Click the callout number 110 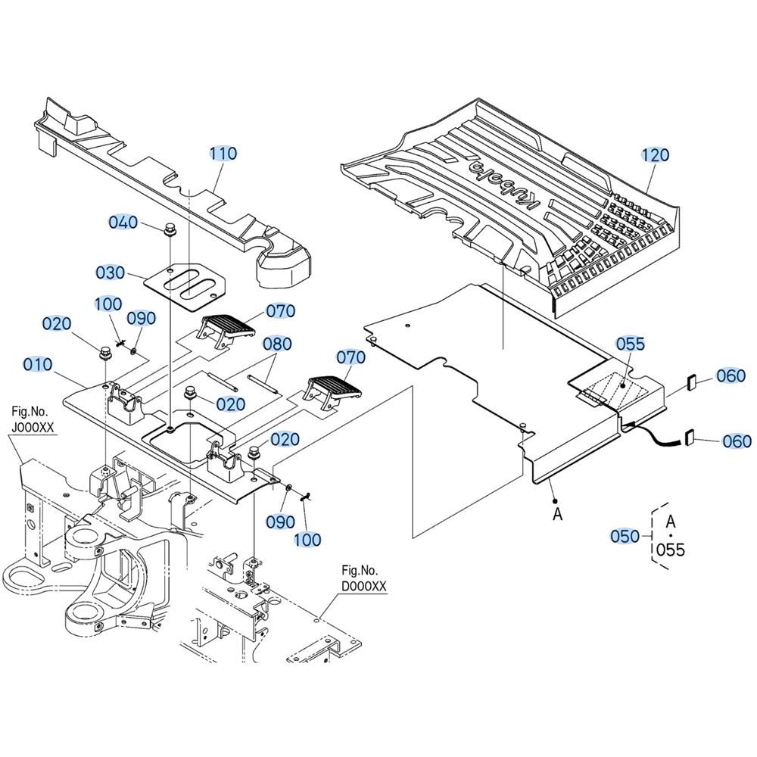point(223,154)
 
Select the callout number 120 point(656,155)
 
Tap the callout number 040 point(123,222)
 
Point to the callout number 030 point(111,273)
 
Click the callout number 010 point(38,365)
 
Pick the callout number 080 point(277,344)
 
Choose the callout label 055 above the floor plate point(630,344)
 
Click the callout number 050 point(625,536)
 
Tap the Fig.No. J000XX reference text point(34,419)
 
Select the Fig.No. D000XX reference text point(364,578)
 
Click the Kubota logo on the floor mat point(500,182)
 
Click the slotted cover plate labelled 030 point(186,282)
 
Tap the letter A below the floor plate point(558,514)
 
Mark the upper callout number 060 point(731,375)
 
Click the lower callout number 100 point(307,540)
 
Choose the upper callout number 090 point(140,319)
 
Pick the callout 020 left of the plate point(57,324)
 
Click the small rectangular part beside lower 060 point(690,438)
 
